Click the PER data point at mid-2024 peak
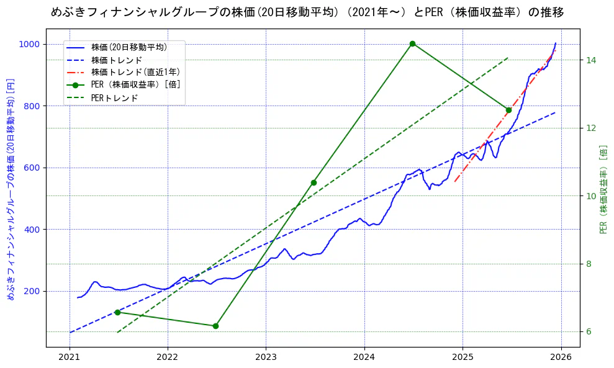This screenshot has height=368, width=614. coord(412,43)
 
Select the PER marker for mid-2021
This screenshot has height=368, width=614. coord(117,312)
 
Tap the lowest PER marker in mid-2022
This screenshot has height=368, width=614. coord(215,326)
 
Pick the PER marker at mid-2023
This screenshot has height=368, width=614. coord(314,182)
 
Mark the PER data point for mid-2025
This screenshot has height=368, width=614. coord(508,110)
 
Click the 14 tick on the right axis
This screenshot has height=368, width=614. coord(590,60)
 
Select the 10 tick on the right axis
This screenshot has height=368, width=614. coord(590,196)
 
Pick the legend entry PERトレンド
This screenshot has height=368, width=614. coord(114,98)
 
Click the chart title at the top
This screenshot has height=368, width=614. coord(307,12)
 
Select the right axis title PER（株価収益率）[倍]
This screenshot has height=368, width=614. coord(603,189)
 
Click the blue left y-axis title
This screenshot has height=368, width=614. coord(10,189)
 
